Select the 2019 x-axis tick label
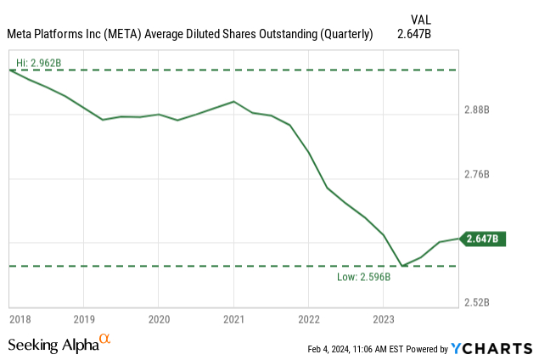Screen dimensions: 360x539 click(83, 319)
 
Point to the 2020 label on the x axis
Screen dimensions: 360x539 click(159, 319)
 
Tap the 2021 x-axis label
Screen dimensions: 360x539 click(233, 319)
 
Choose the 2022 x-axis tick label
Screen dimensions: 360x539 click(308, 319)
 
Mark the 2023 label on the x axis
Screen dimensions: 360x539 click(383, 319)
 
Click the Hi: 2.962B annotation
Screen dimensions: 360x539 click(38, 63)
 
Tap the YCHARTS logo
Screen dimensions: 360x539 click(491, 348)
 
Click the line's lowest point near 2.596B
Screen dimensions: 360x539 click(402, 266)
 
